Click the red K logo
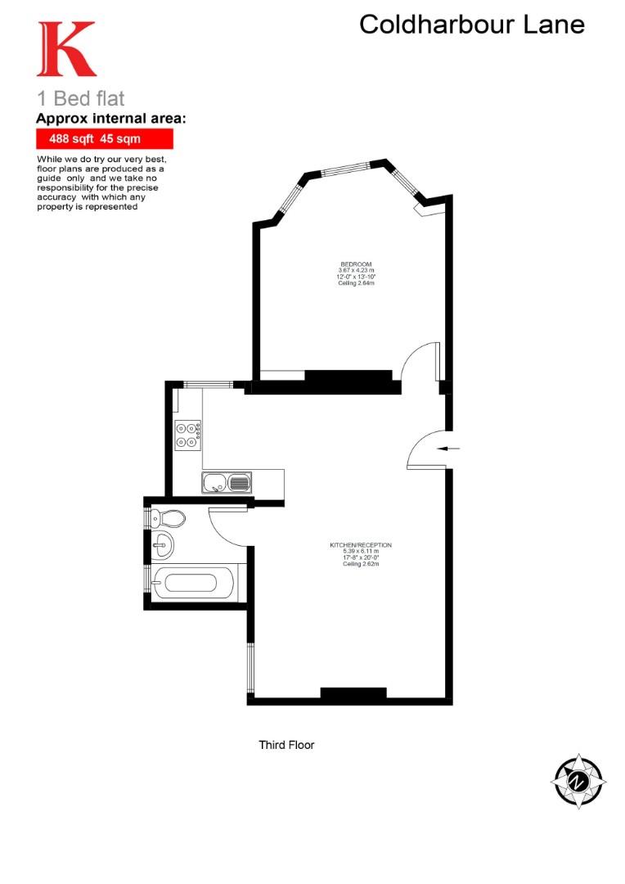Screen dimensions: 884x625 [x=65, y=50]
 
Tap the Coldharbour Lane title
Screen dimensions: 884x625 [x=472, y=25]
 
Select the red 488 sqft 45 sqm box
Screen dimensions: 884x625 [x=104, y=139]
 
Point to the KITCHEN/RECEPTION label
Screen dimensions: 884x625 [x=360, y=544]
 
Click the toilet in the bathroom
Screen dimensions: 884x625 [x=169, y=517]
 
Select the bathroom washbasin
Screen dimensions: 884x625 [x=164, y=543]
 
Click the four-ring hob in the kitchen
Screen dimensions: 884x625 [x=188, y=434]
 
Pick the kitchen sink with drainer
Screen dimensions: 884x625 [x=227, y=483]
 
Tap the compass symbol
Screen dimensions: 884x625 [x=578, y=781]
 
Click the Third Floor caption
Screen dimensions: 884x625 [x=286, y=745]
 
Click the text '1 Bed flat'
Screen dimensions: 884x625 [x=81, y=98]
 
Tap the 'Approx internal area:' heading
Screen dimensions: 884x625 [x=110, y=119]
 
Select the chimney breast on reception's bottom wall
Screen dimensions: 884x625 [x=353, y=694]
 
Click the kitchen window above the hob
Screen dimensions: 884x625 [x=206, y=384]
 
